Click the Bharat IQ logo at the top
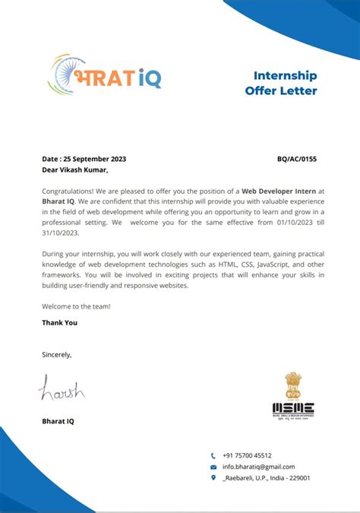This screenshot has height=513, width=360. point(105,74)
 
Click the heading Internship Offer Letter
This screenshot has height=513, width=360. point(280,83)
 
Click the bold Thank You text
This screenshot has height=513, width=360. point(59,322)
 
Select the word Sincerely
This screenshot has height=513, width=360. point(56,354)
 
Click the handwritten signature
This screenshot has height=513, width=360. point(62,390)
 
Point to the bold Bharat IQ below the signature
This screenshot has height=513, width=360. point(58,420)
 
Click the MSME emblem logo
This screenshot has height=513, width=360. point(292,397)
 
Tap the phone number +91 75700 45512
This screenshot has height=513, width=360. point(247,455)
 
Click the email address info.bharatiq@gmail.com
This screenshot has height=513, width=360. point(258,467)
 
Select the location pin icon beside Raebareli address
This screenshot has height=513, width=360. point(213,478)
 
